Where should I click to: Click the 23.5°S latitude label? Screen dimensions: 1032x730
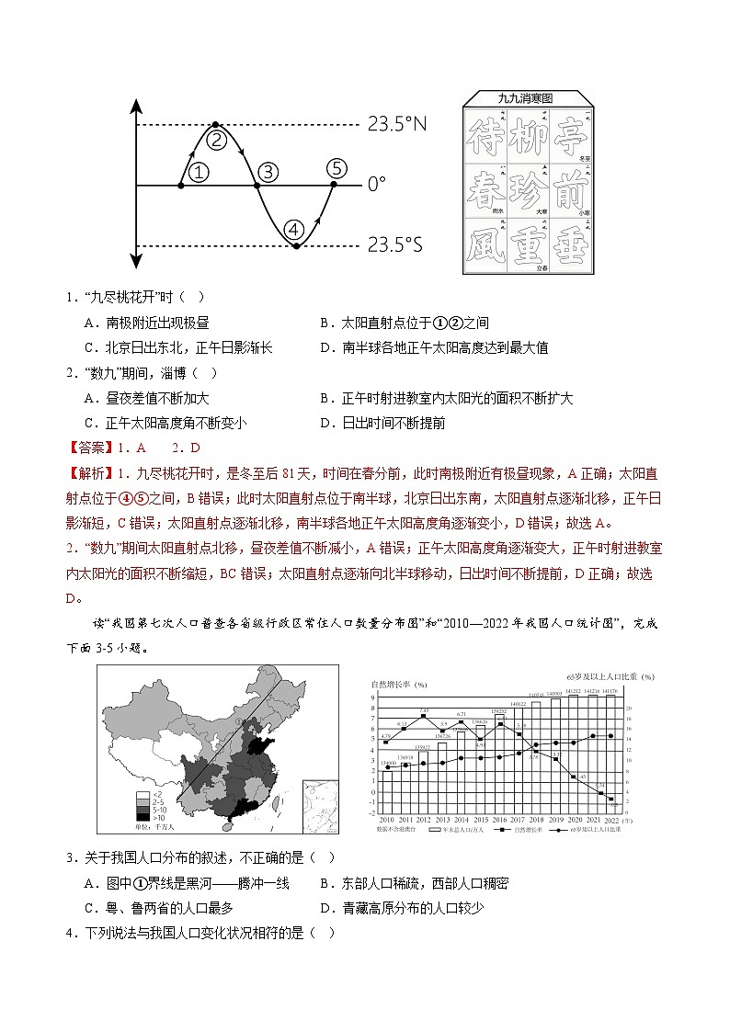396,245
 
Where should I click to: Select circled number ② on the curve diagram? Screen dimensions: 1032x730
216,140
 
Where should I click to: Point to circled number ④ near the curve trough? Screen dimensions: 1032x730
294,229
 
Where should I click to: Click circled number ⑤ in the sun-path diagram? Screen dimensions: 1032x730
337,168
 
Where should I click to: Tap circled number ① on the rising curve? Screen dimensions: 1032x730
199,171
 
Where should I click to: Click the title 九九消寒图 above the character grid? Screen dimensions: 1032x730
525,98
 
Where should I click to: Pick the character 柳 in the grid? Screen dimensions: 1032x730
525,136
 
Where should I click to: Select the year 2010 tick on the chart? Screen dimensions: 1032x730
386,819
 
